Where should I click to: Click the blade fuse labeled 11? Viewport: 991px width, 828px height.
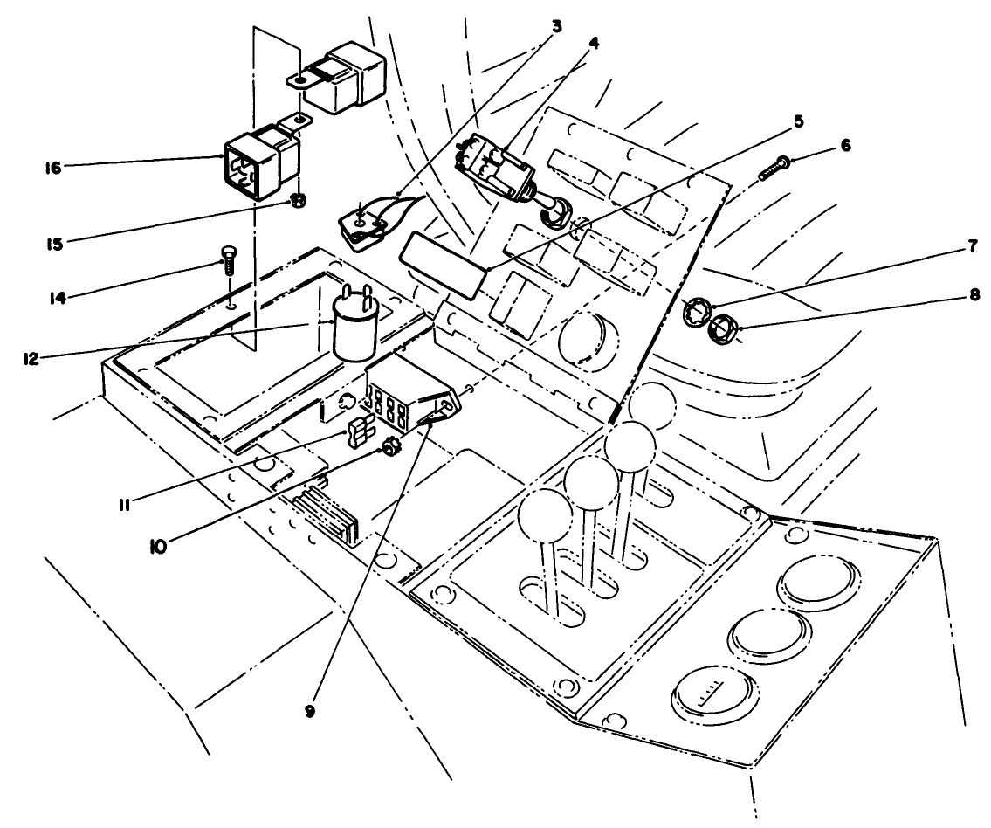pyautogui.click(x=358, y=432)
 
